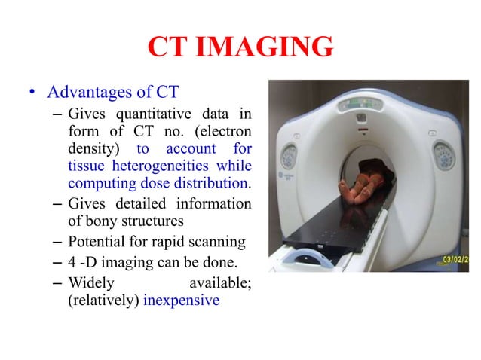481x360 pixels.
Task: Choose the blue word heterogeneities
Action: pos(160,166)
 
